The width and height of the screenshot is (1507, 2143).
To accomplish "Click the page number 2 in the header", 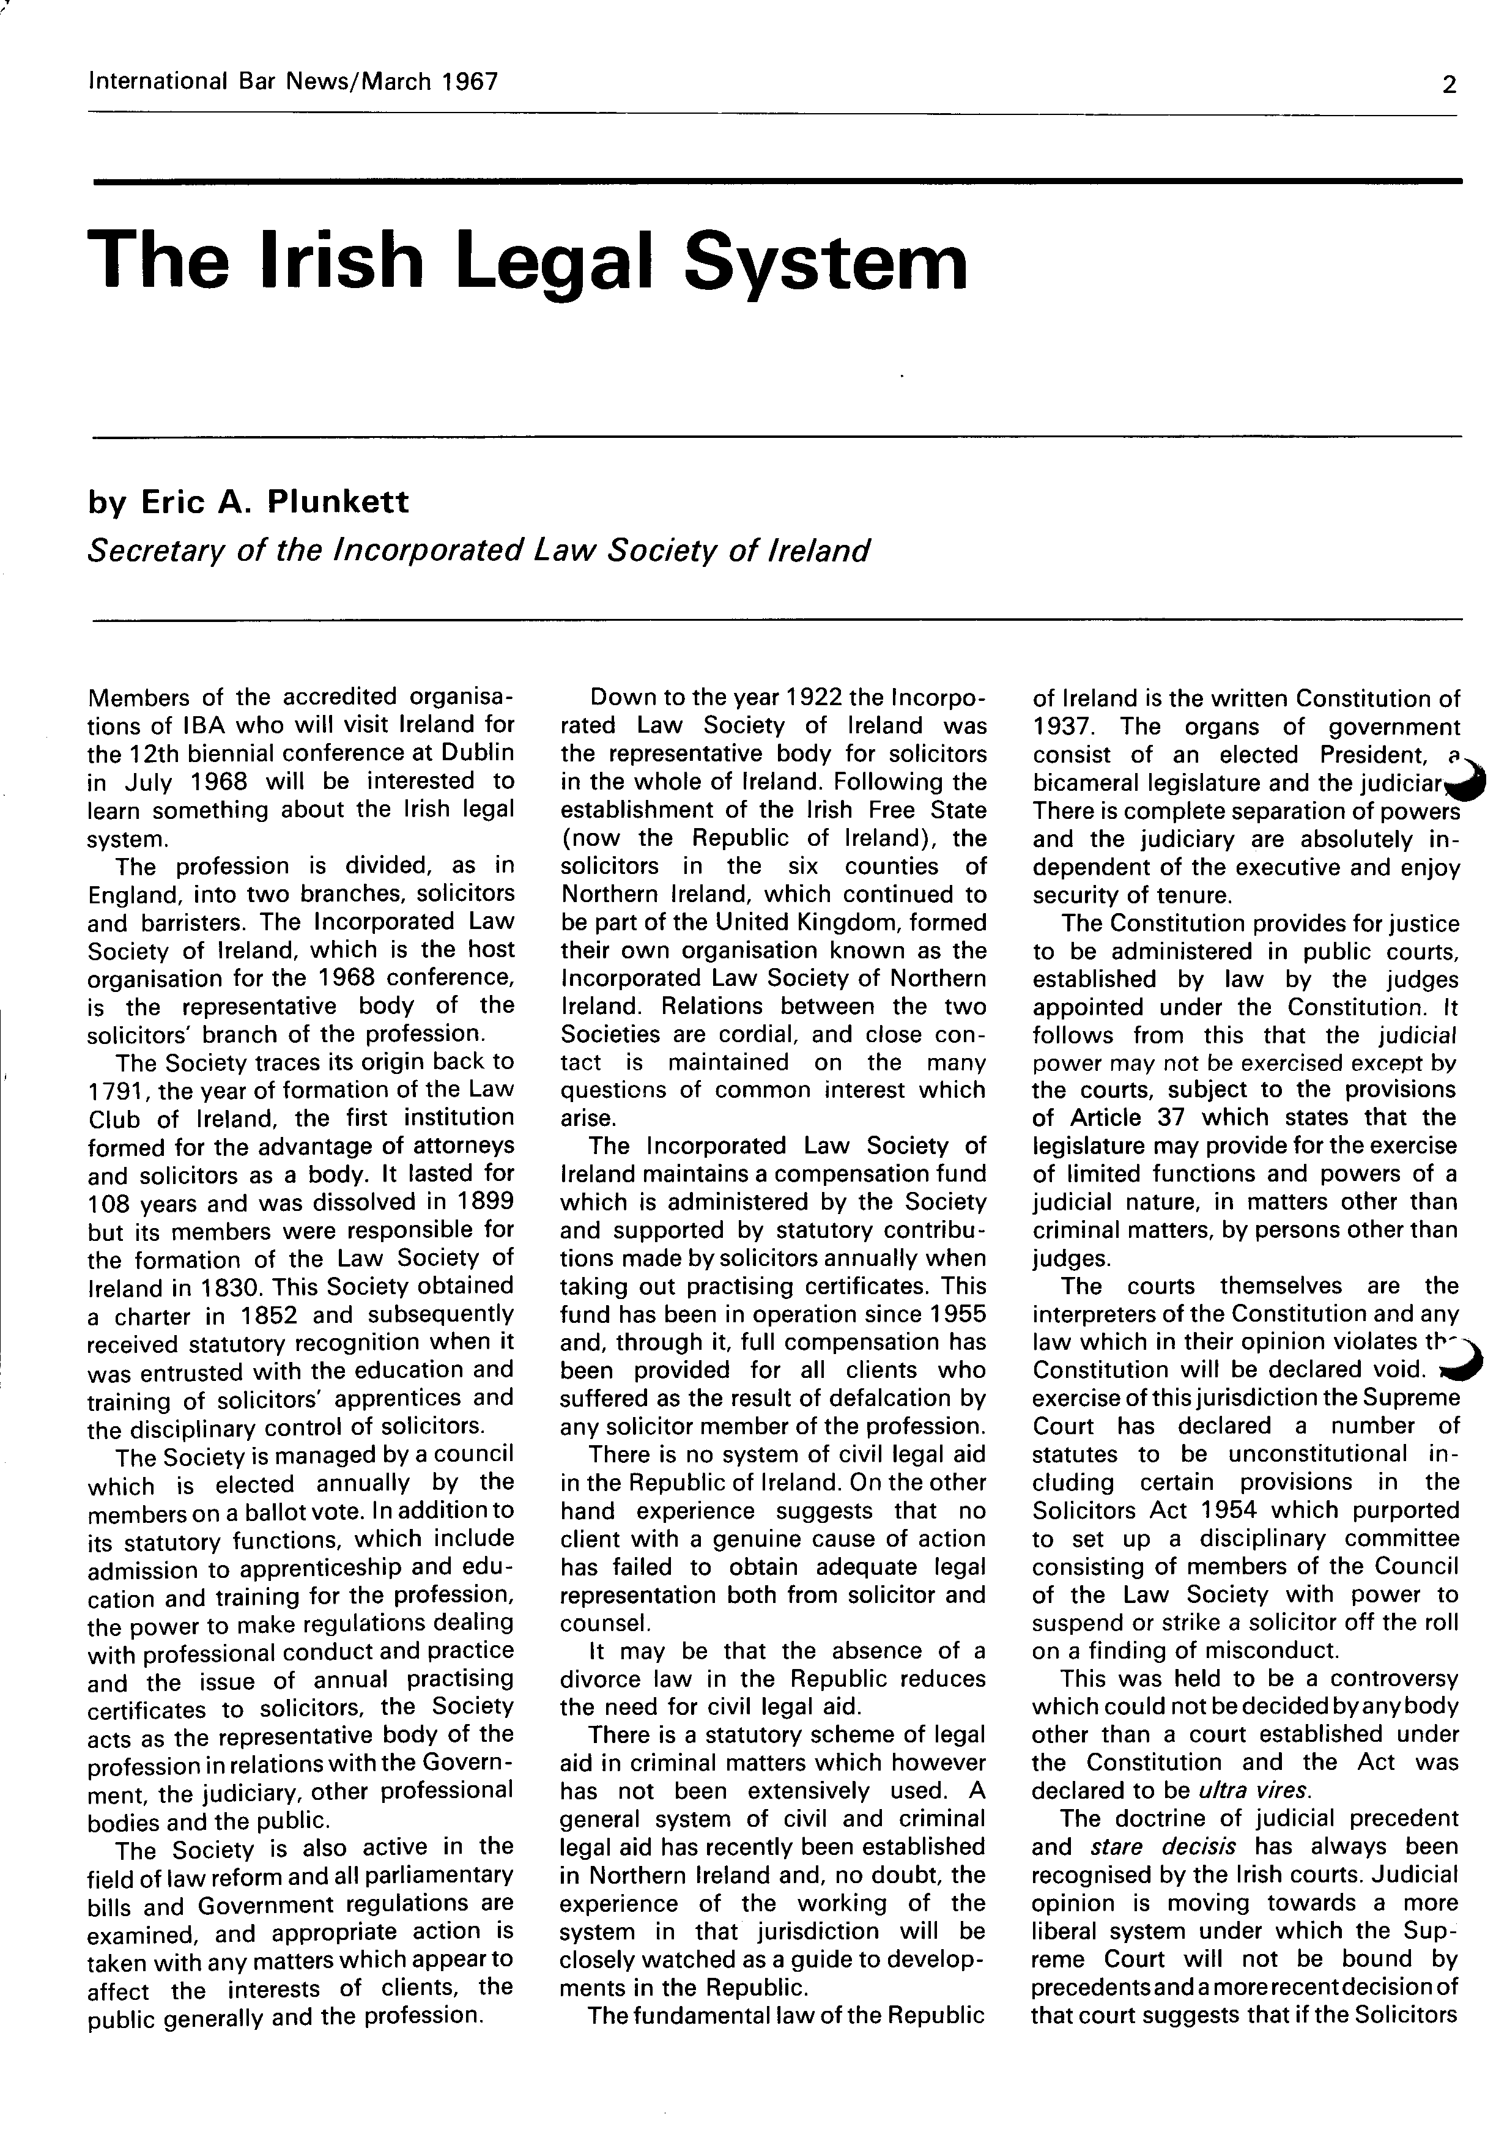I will (x=1448, y=85).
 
